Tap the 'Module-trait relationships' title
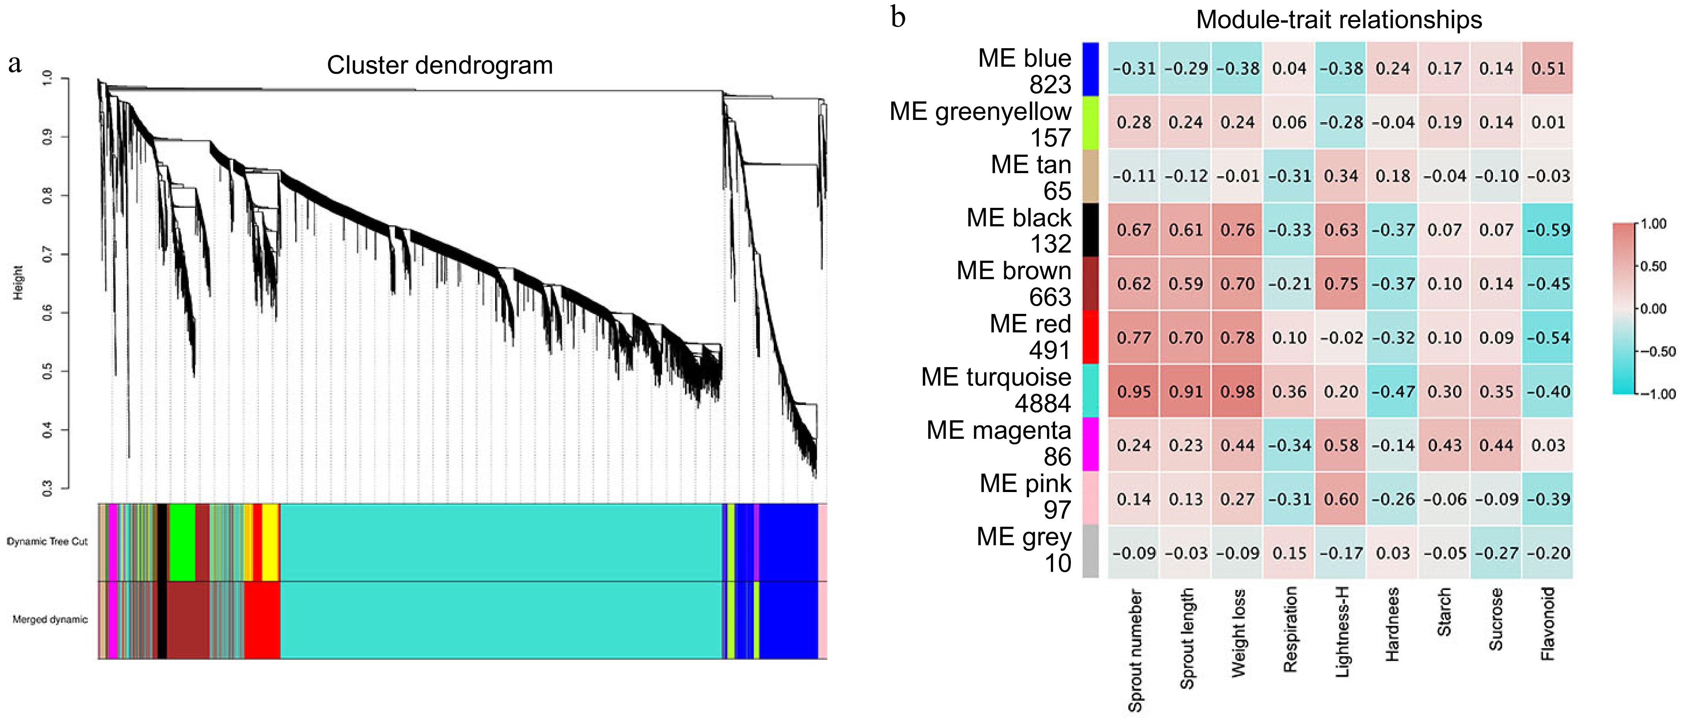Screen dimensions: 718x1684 coord(1338,20)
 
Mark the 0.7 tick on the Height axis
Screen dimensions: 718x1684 coord(47,255)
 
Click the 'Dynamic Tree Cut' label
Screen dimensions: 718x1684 coord(47,541)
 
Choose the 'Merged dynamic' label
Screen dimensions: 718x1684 coord(50,619)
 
